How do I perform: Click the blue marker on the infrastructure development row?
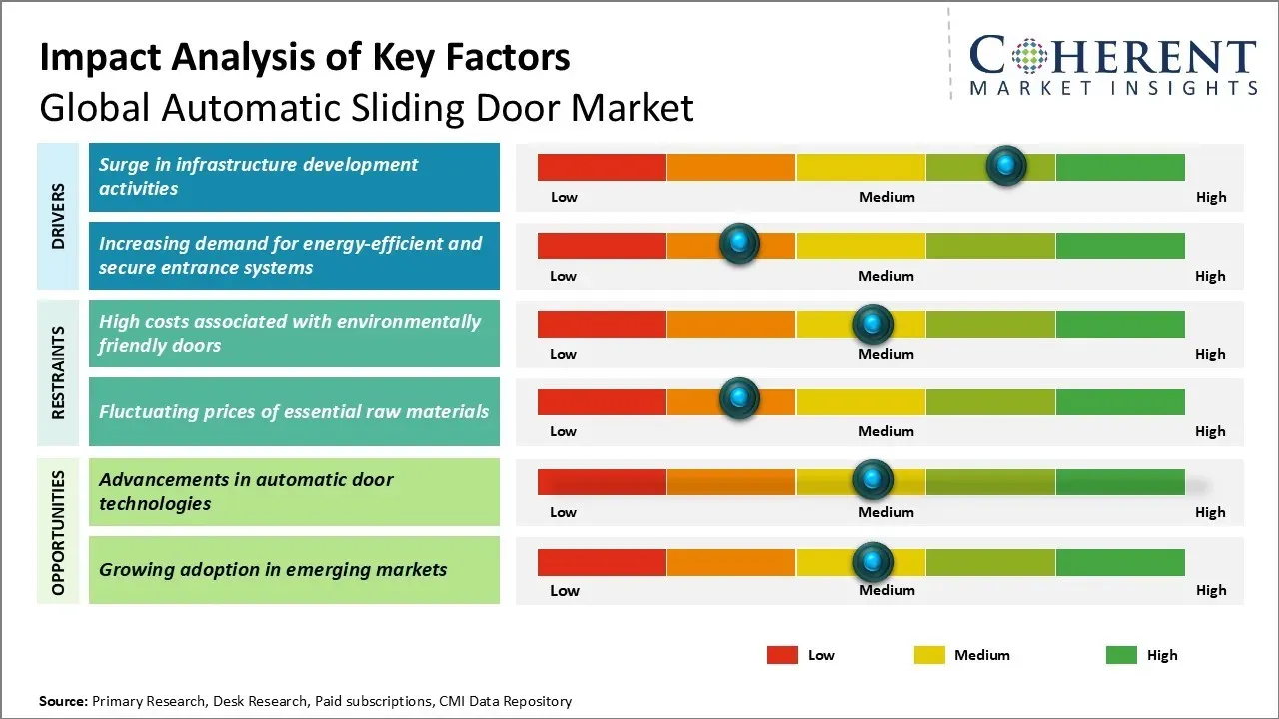[1006, 165]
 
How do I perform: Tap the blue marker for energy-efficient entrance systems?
[739, 244]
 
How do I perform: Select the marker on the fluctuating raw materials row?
[739, 399]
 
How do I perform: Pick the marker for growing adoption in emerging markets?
[873, 562]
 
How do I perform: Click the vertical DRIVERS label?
[58, 216]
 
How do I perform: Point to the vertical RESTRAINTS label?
[58, 372]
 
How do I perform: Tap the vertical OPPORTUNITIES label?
[58, 532]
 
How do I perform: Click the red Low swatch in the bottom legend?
[782, 655]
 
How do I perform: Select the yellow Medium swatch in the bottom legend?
[929, 655]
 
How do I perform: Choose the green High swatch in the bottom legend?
[1121, 655]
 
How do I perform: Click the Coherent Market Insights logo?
[1113, 66]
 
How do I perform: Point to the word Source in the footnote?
[63, 701]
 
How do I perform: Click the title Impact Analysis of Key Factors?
[305, 57]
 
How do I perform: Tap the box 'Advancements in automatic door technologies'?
[294, 491]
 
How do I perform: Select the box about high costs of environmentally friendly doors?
[294, 334]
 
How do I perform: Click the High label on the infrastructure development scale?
[1211, 197]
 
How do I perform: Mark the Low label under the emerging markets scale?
[564, 590]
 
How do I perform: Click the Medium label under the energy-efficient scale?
[886, 276]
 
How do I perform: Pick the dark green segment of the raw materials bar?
[1120, 401]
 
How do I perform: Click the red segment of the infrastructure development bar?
[602, 167]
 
